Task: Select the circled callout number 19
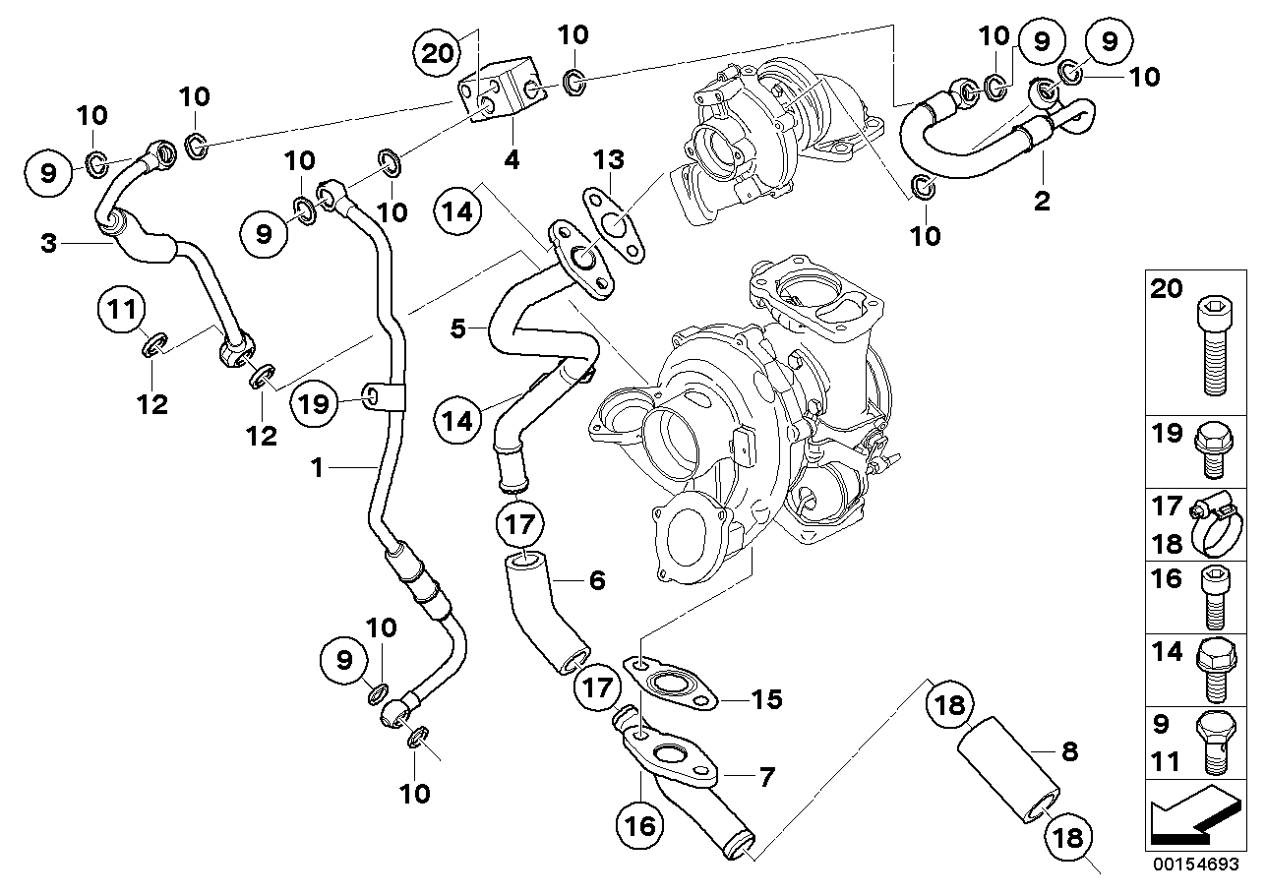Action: pos(314,402)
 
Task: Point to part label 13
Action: pos(609,159)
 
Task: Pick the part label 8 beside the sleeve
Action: pos(1069,752)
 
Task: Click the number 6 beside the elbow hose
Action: pos(596,580)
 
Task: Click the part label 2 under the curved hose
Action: pos(1042,202)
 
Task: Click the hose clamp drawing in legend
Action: pos(1216,525)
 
